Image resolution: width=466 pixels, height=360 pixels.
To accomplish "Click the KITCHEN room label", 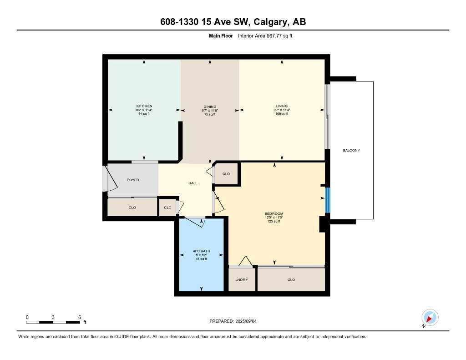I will (144, 106).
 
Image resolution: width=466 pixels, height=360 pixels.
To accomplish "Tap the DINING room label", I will (210, 106).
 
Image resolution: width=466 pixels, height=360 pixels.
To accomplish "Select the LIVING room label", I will (282, 106).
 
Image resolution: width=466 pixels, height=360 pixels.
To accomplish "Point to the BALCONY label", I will (351, 150).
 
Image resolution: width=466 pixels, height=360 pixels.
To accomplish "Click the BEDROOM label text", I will (274, 213).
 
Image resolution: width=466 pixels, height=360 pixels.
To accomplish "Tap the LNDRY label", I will (242, 279).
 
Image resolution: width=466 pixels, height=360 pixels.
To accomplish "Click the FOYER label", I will (132, 180).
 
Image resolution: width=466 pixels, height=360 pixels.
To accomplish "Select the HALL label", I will (193, 183).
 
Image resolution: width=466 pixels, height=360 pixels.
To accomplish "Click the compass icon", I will (430, 318).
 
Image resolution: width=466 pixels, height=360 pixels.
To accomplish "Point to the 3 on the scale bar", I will (53, 317).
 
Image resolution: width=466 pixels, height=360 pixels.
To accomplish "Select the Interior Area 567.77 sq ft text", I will (265, 35).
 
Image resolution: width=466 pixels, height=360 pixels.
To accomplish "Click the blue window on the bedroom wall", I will (327, 199).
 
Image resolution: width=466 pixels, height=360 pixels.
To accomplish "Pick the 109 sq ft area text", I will (282, 114).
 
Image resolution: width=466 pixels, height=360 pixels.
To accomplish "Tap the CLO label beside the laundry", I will (291, 279).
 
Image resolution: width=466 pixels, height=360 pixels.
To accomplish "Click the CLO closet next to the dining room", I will (226, 174).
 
